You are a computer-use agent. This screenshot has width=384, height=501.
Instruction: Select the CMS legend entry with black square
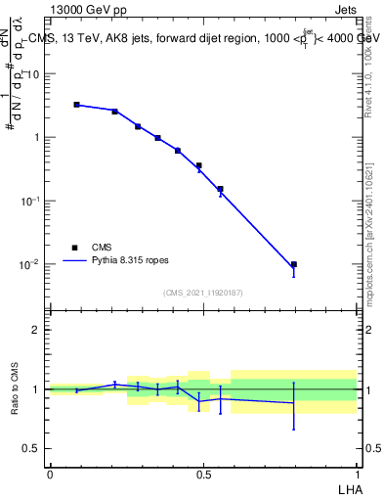[x=74, y=248]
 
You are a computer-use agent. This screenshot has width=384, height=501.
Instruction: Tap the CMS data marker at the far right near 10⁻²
[x=293, y=264]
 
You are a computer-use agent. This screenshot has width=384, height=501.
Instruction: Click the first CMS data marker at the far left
[x=76, y=104]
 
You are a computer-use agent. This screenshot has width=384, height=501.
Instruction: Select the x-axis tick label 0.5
[x=203, y=474]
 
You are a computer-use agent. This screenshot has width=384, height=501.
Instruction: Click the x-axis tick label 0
[x=50, y=474]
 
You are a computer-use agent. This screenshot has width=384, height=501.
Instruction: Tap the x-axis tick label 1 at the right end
[x=357, y=474]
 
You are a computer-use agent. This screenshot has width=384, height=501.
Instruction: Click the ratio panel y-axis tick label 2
[x=37, y=330]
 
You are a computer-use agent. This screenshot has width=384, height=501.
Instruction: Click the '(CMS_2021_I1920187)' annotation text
[x=203, y=293]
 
